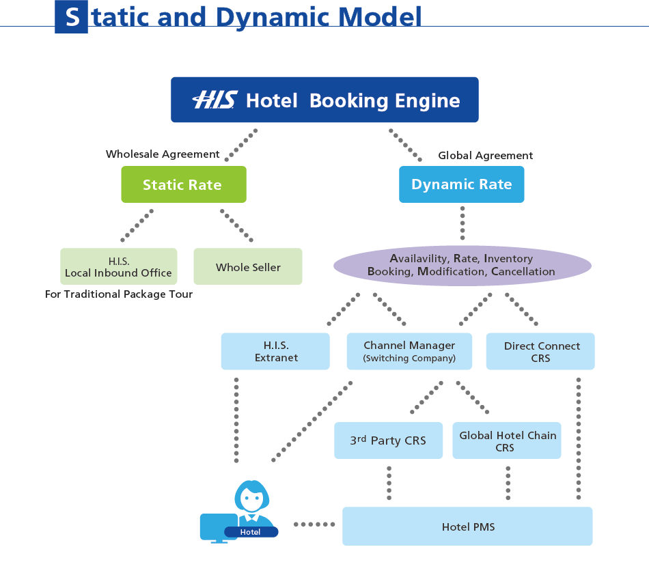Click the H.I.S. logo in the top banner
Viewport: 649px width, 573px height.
click(214, 100)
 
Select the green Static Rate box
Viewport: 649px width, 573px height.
click(183, 184)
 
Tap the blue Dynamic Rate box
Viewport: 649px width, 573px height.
click(461, 184)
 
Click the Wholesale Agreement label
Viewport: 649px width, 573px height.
click(163, 154)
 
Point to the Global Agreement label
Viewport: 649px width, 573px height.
click(485, 156)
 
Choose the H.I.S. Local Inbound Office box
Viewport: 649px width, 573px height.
click(118, 266)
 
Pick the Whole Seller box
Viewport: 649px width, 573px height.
click(248, 266)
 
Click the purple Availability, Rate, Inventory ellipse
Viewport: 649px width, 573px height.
click(462, 265)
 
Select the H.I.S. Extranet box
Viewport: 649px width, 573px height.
click(275, 351)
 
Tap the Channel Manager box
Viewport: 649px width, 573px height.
click(409, 351)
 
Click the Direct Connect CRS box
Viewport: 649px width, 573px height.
click(540, 351)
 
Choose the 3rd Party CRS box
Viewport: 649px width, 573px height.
click(388, 441)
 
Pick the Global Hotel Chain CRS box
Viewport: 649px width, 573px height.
click(507, 441)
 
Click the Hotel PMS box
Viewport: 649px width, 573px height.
click(467, 527)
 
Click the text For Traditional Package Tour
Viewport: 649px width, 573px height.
click(118, 294)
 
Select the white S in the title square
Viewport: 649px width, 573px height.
click(71, 17)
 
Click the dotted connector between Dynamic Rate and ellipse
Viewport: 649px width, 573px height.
click(462, 223)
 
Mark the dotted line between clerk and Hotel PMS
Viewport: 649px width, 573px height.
click(314, 525)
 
